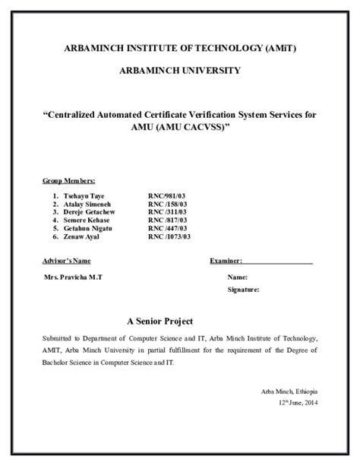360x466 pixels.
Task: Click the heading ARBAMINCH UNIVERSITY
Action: pos(180,71)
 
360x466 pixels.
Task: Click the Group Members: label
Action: pos(68,181)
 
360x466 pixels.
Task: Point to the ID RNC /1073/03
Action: pos(169,236)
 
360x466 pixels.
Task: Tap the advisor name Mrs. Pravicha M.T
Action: pos(74,277)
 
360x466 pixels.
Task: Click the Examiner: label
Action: pos(226,261)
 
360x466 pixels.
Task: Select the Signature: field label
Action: pos(243,290)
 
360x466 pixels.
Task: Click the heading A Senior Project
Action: pos(161,320)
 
